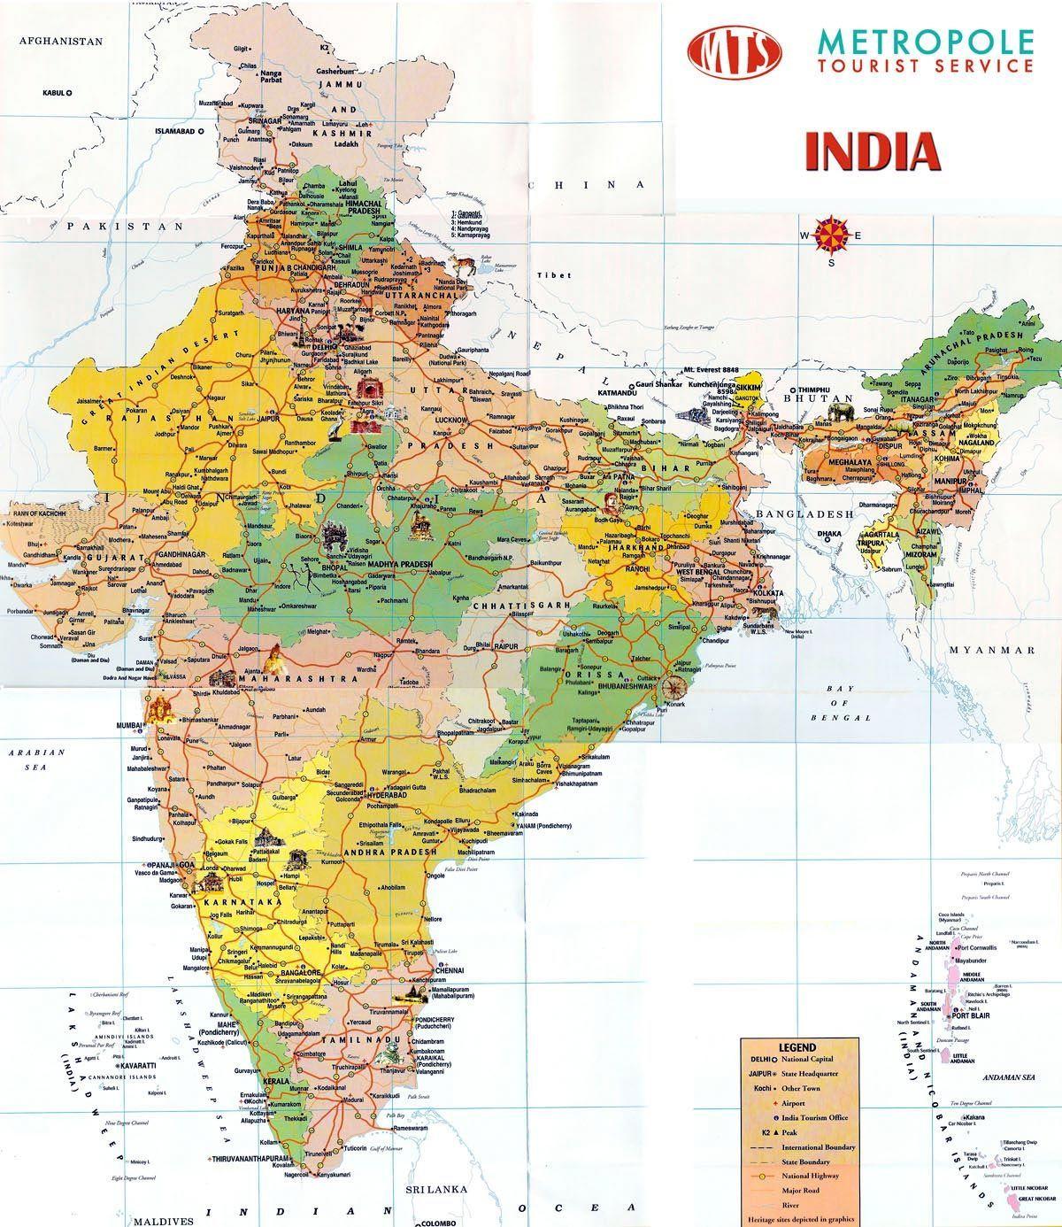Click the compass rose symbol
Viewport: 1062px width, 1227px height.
click(x=831, y=235)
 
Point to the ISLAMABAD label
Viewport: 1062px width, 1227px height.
click(x=174, y=130)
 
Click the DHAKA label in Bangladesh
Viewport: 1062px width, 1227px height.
click(x=829, y=534)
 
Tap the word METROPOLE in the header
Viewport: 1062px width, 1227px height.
click(x=926, y=41)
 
